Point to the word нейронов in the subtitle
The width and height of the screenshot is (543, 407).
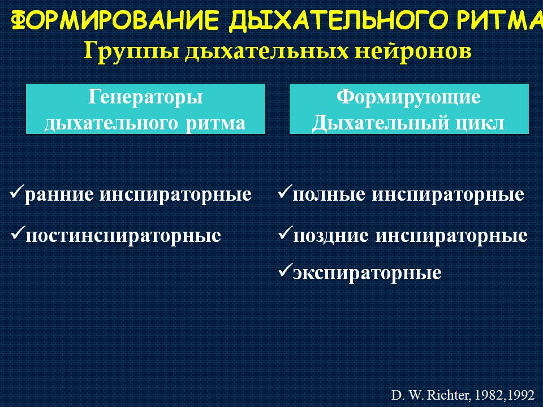click(413, 51)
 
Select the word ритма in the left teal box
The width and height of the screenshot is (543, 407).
click(216, 124)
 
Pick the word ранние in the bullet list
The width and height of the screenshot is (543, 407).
click(59, 194)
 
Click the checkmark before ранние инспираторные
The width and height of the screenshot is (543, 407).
click(17, 192)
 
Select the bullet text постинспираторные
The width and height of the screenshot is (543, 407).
click(123, 237)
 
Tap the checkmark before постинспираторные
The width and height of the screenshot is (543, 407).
click(18, 232)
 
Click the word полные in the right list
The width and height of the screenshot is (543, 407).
click(329, 194)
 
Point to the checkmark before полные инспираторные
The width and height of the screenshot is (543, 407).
click(285, 192)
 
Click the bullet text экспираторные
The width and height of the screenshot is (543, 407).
click(367, 274)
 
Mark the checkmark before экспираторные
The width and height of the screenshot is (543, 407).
click(285, 270)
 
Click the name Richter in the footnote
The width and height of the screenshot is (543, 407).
click(449, 395)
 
